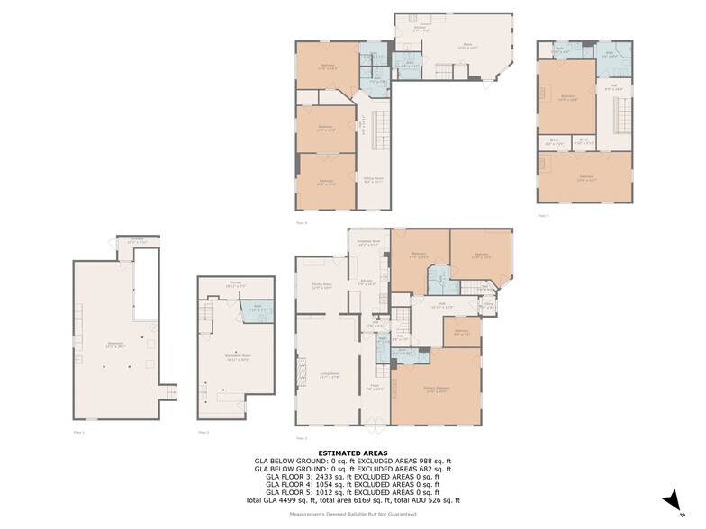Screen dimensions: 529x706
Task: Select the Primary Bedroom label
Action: [x=437, y=390]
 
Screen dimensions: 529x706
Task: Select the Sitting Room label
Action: [x=371, y=181]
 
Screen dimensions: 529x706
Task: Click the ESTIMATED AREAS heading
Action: [x=352, y=453]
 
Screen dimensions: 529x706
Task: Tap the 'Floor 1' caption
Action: [x=78, y=433]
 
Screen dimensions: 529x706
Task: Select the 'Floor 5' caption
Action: [x=542, y=215]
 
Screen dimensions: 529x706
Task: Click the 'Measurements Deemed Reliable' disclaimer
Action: [x=352, y=514]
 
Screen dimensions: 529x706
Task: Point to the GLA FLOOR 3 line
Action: [x=352, y=477]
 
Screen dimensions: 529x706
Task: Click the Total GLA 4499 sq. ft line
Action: [x=352, y=499]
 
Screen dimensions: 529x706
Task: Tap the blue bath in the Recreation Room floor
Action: [x=257, y=310]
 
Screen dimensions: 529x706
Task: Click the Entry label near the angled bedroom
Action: [x=489, y=305]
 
